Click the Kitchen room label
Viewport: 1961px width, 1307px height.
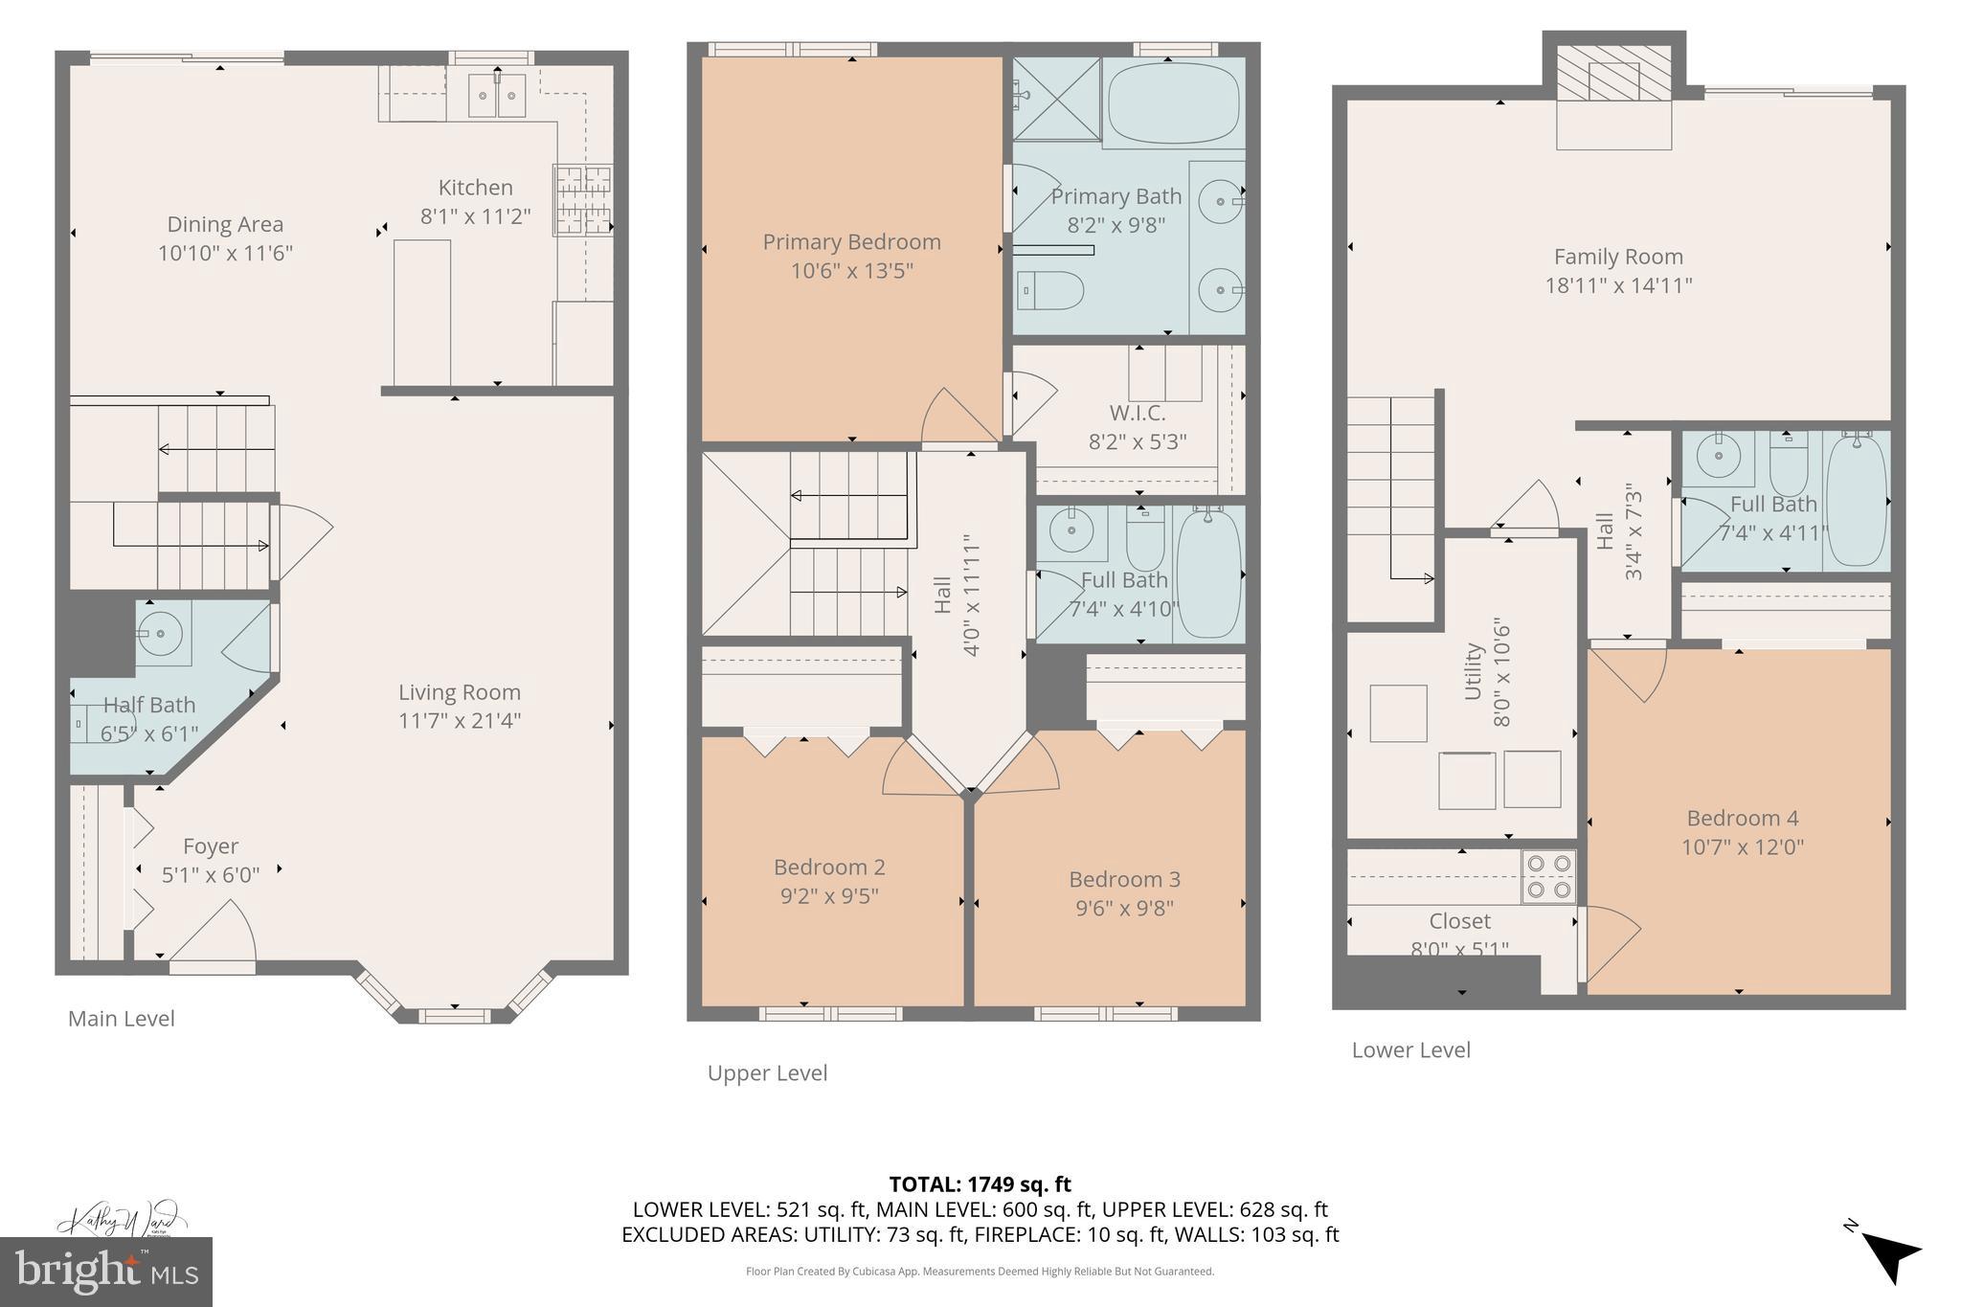tap(475, 188)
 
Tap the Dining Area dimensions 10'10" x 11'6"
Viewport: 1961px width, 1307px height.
tap(225, 254)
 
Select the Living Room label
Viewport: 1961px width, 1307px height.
tap(459, 692)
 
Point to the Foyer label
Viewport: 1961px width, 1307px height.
tap(210, 846)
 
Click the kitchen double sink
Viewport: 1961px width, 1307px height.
tap(497, 96)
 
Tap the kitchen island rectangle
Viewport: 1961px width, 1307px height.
tap(422, 311)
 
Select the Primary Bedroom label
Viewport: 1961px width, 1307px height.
tap(851, 242)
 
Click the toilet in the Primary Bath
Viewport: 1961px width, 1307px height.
tap(1050, 289)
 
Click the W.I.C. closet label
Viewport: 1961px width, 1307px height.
tap(1137, 414)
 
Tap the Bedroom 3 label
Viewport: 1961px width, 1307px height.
tap(1124, 879)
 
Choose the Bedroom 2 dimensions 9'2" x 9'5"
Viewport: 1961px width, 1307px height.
tap(828, 896)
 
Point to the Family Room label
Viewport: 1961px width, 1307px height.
tap(1617, 257)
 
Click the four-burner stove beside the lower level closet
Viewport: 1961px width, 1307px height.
tap(1548, 876)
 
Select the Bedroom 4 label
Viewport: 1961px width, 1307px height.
tap(1742, 819)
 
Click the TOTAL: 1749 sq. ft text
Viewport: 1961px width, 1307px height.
tap(980, 1184)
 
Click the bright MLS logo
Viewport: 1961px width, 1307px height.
tap(106, 1272)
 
